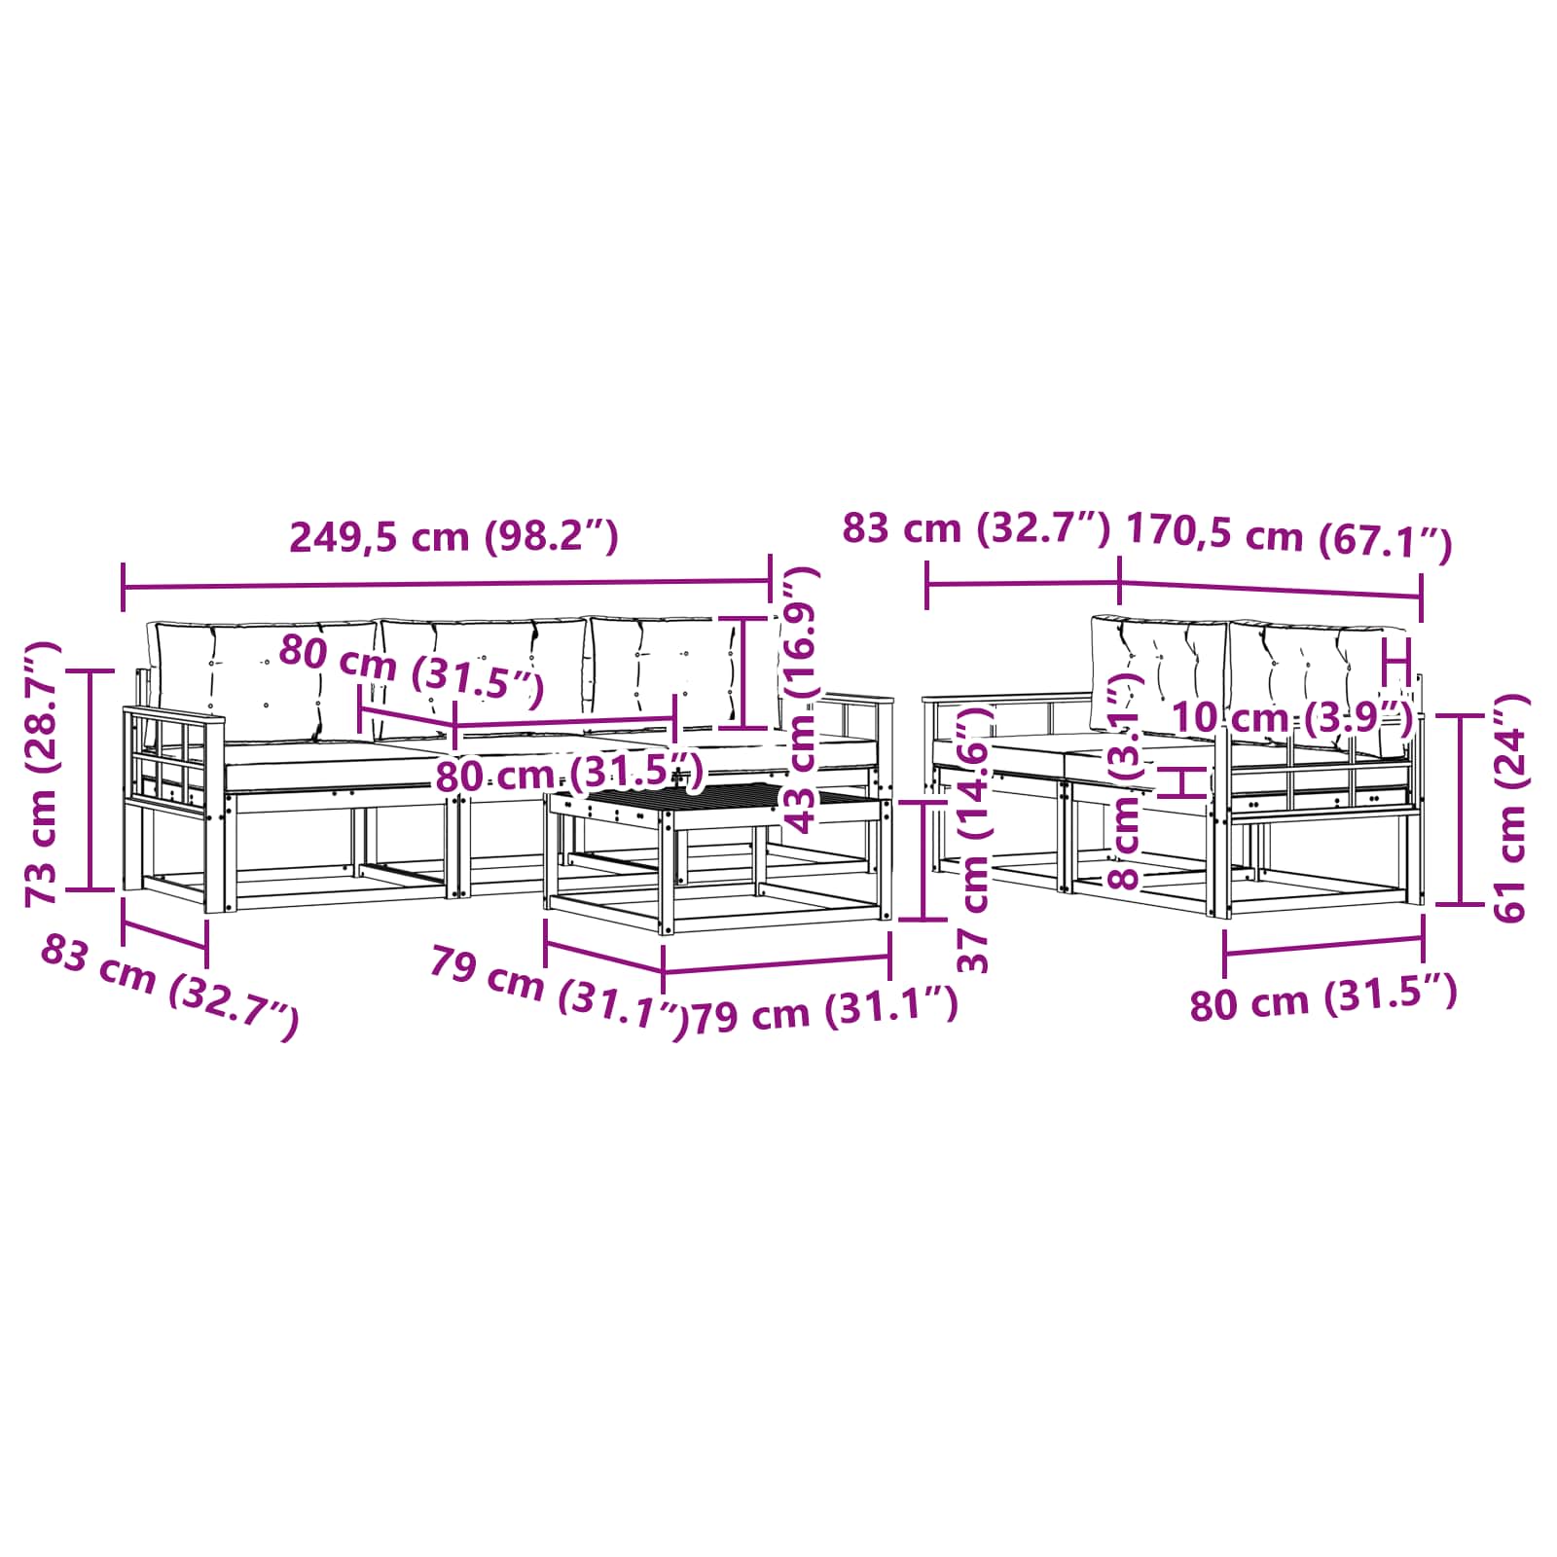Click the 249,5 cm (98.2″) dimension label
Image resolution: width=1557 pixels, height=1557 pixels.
[453, 536]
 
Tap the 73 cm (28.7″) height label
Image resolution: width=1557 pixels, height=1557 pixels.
[43, 774]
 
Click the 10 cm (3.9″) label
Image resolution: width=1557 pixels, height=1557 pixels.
[1292, 717]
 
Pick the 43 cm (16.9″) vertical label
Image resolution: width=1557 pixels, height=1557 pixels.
[803, 701]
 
